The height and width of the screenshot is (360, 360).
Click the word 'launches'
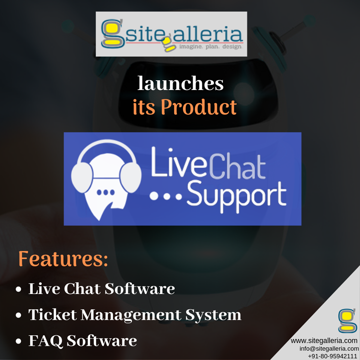[180, 84]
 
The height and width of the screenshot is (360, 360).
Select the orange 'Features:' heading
[63, 259]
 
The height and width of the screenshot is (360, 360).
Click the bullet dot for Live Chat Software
[19, 290]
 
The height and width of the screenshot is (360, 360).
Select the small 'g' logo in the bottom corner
[347, 321]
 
